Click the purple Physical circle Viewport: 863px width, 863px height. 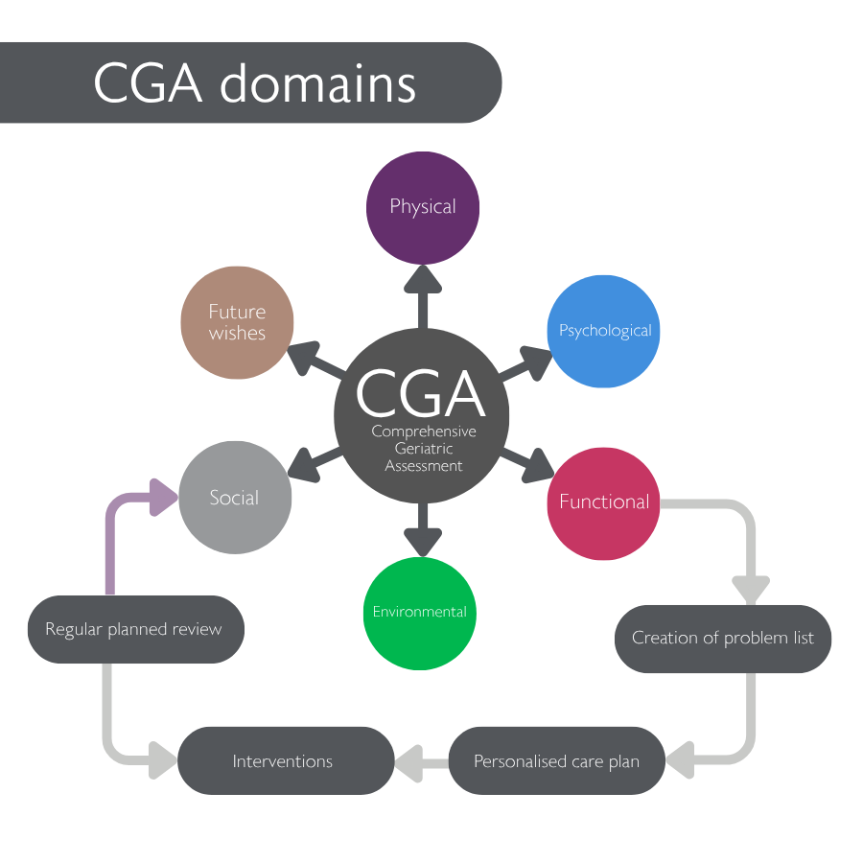coord(423,207)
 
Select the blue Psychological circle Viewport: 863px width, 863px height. coord(604,332)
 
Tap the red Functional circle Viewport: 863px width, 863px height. coord(603,502)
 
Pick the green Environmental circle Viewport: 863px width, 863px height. coord(420,613)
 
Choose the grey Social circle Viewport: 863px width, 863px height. coord(234,498)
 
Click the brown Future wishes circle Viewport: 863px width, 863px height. coord(237,322)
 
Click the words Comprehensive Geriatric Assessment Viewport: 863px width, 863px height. coord(423,449)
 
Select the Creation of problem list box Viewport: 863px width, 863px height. coord(722,639)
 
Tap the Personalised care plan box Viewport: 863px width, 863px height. coord(556,761)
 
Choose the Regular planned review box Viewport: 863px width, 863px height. coord(134,630)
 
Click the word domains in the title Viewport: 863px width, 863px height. coord(318,84)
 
